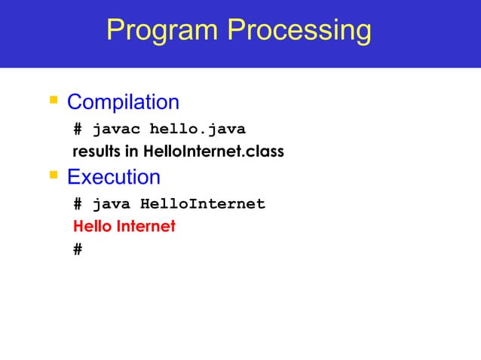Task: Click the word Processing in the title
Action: pyautogui.click(x=299, y=31)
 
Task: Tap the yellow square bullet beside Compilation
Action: pyautogui.click(x=53, y=100)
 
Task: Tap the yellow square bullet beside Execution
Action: pyautogui.click(x=53, y=176)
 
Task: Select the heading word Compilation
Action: pyautogui.click(x=123, y=102)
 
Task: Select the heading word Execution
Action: pyautogui.click(x=113, y=178)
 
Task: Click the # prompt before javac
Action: pyautogui.click(x=78, y=128)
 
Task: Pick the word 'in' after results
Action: pyautogui.click(x=131, y=152)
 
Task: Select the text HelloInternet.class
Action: pyautogui.click(x=212, y=152)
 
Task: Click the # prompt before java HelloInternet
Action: pyautogui.click(x=78, y=204)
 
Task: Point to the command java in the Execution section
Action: pyautogui.click(x=112, y=204)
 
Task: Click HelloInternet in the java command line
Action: pyautogui.click(x=203, y=204)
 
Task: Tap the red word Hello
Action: pyautogui.click(x=90, y=226)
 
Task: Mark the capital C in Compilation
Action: pyautogui.click(x=75, y=102)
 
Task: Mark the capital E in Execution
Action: pyautogui.click(x=74, y=178)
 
